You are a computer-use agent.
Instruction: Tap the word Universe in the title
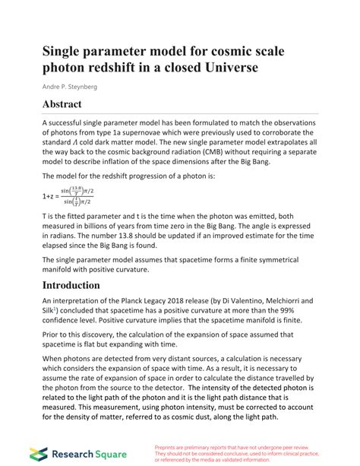[x=229, y=68]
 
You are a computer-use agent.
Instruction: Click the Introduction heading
[x=81, y=285]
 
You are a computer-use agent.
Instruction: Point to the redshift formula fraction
[x=71, y=195]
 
